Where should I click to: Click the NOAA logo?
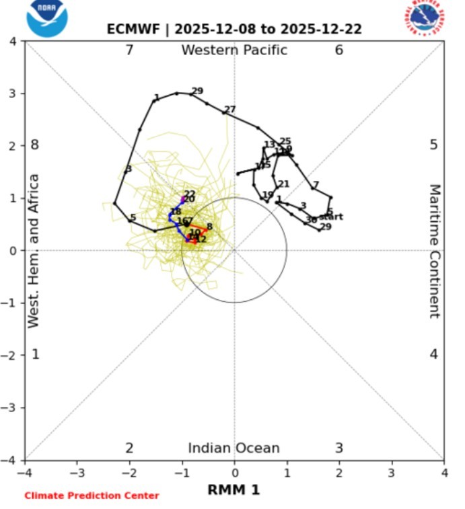47,17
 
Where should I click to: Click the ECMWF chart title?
234,30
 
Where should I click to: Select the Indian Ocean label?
234,448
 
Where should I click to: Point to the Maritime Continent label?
435,251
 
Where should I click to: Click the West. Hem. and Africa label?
34,251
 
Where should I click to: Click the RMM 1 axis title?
234,491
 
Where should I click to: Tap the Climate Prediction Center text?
92,496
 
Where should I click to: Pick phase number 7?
129,50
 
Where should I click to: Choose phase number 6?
339,50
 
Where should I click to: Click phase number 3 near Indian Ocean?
339,448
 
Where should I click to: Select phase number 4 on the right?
434,354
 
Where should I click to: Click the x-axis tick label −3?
77,473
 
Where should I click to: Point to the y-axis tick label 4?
13,42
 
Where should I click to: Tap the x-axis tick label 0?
234,473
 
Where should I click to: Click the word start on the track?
330,217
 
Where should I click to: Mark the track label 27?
230,110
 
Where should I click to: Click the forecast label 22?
190,194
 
